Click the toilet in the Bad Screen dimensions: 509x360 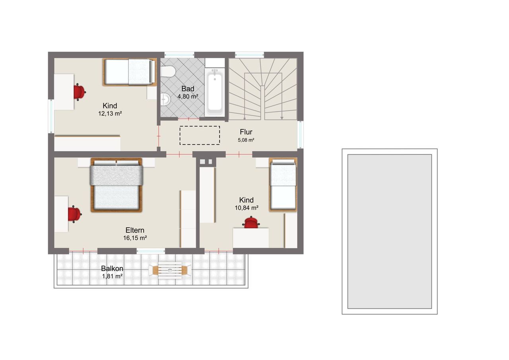pyautogui.click(x=167, y=71)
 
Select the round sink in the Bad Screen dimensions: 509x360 pyautogui.click(x=165, y=99)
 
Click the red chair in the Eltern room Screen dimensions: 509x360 pyautogui.click(x=74, y=214)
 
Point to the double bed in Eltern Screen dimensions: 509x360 pyautogui.click(x=117, y=185)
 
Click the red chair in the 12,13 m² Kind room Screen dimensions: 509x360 pyautogui.click(x=79, y=92)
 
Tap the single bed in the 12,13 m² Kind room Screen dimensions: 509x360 pyautogui.click(x=130, y=72)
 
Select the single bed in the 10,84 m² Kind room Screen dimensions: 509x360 pyautogui.click(x=283, y=185)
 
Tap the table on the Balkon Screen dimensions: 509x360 pyautogui.click(x=170, y=270)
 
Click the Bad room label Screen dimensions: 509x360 pyautogui.click(x=188, y=89)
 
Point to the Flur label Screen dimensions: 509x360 pyautogui.click(x=246, y=132)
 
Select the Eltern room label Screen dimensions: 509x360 pyautogui.click(x=135, y=230)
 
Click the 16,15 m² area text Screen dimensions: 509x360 pyautogui.click(x=135, y=238)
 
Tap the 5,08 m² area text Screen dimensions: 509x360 pyautogui.click(x=246, y=140)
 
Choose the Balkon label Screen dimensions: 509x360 pyautogui.click(x=112, y=269)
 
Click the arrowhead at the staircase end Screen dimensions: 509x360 pyautogui.click(x=282, y=118)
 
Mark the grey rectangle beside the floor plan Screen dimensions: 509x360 pyautogui.click(x=389, y=232)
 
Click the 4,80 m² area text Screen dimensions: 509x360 pyautogui.click(x=188, y=96)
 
